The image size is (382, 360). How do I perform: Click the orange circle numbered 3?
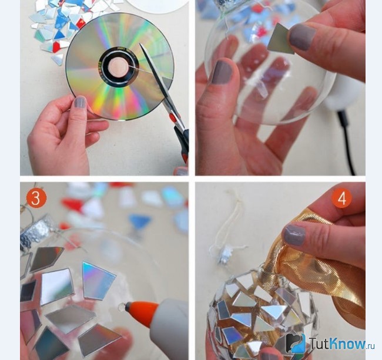point(36,198)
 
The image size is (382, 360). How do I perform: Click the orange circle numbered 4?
point(342,198)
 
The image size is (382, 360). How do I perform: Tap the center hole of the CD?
point(118,67)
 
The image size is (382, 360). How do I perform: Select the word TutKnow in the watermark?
point(338,344)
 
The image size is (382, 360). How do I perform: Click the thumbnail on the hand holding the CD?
point(80,102)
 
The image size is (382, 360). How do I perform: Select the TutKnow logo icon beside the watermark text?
point(296,343)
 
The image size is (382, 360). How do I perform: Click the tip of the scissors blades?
point(140,44)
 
